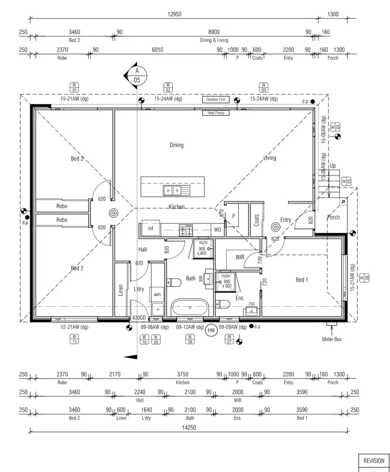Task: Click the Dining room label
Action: pos(176,145)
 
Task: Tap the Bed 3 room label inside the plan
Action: pos(77,158)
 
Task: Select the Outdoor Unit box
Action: pos(216,99)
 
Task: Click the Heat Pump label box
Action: pos(216,113)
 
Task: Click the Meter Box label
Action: pos(332,339)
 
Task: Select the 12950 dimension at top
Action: pos(175,15)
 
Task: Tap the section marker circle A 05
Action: pos(137,75)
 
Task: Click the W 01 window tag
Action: pos(74,86)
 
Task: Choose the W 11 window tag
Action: pos(74,339)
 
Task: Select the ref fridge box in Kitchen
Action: pos(150,228)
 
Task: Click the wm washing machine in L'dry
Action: pos(157,294)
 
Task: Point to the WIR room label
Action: pos(240,257)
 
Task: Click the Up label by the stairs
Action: pos(332,166)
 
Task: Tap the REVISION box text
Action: pos(373,461)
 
